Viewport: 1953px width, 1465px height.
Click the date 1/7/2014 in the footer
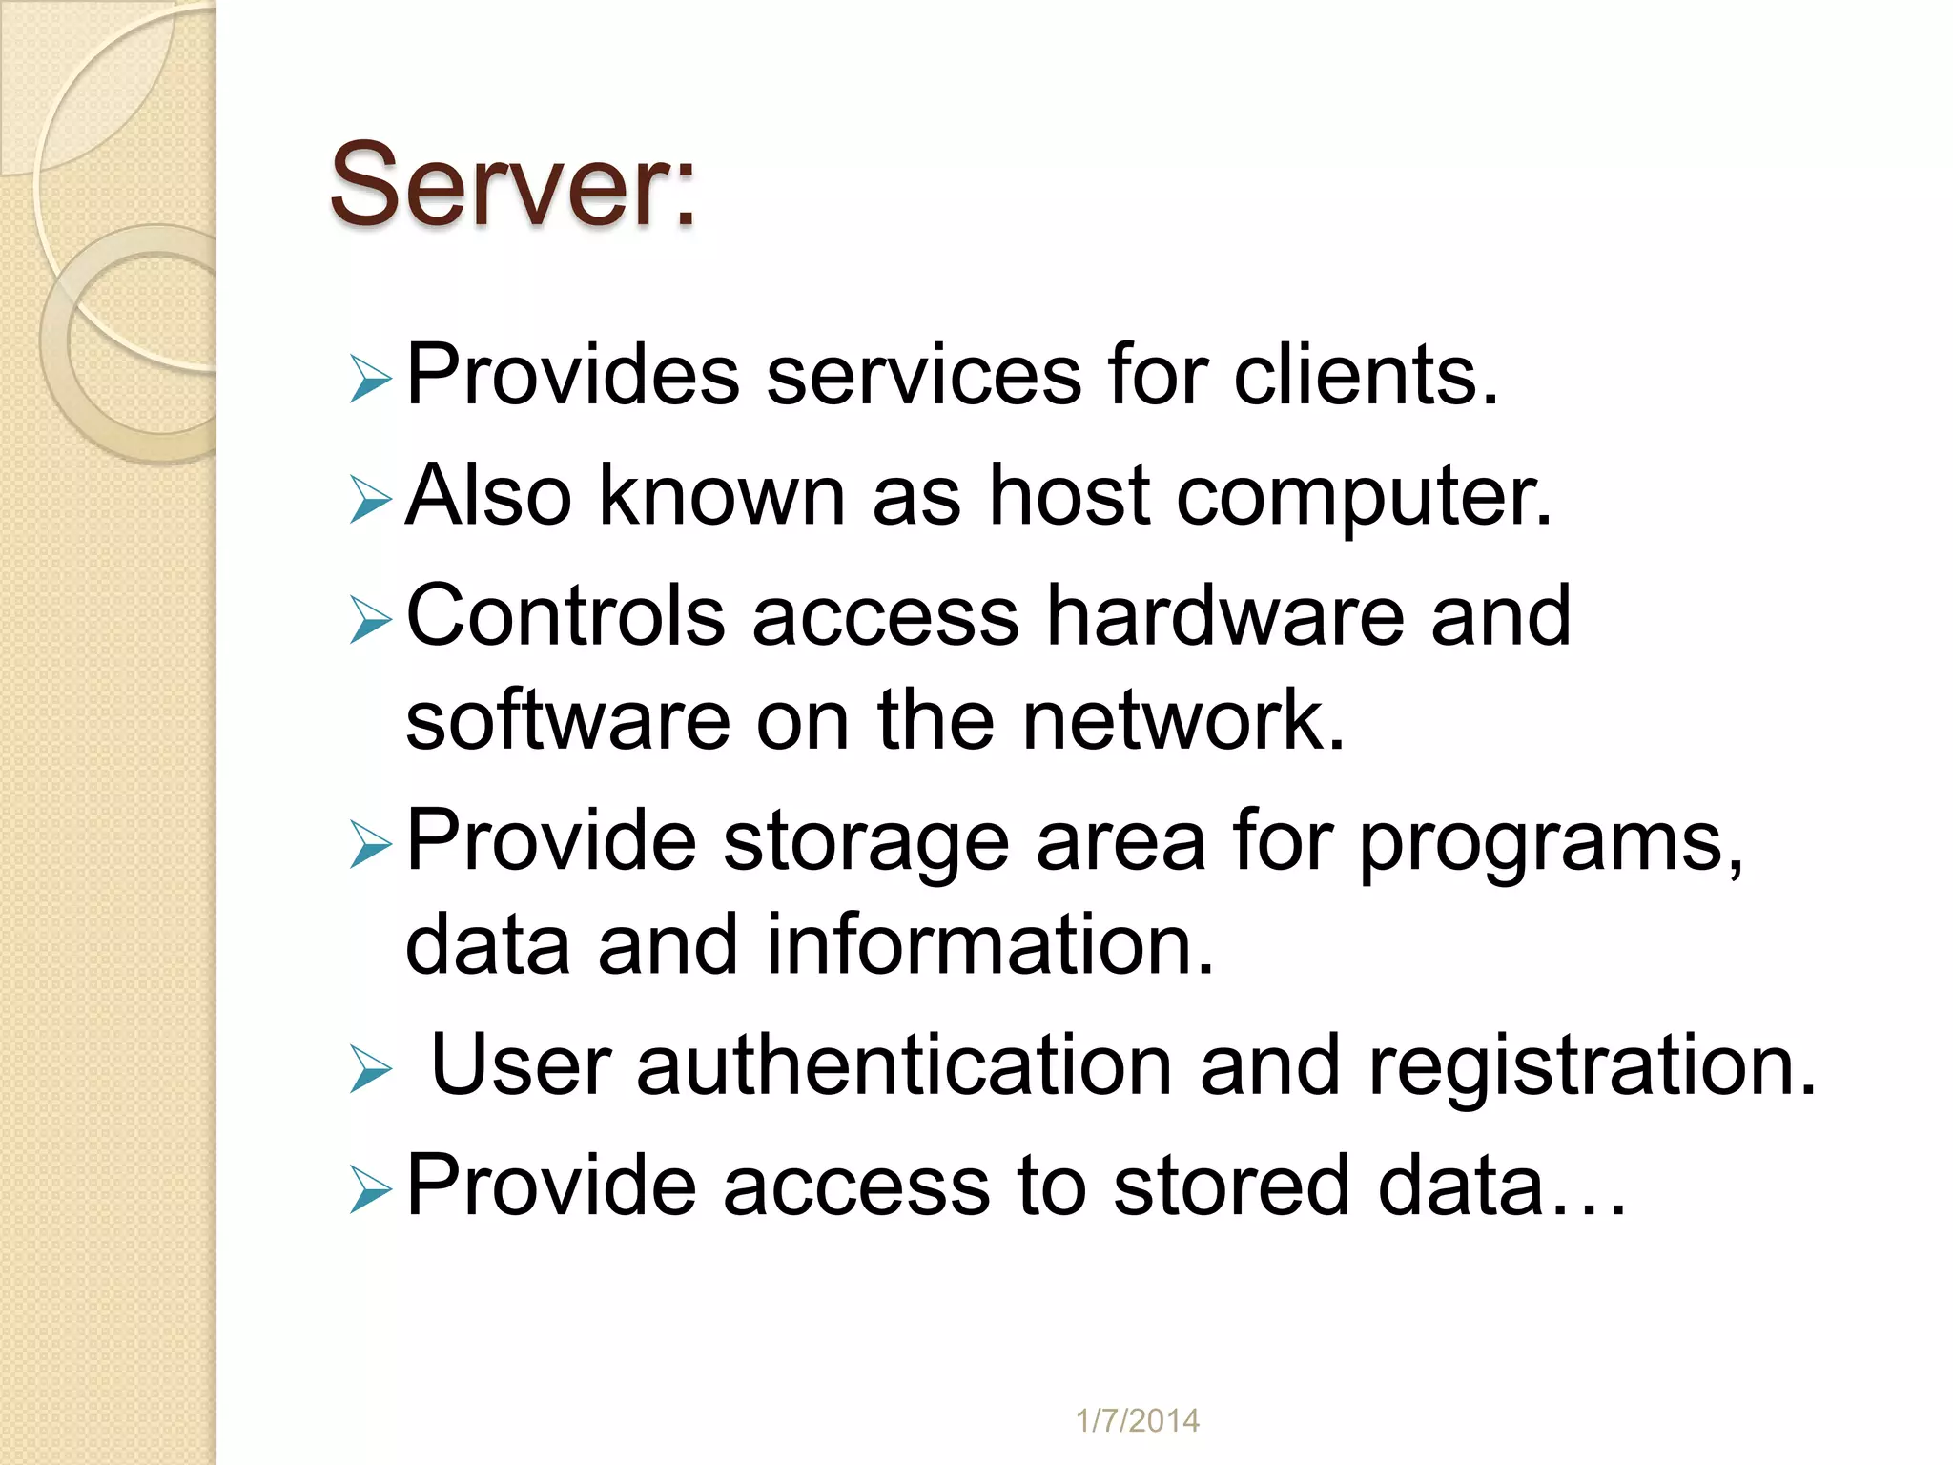[1137, 1421]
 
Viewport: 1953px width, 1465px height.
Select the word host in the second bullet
[1069, 495]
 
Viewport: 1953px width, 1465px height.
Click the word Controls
[565, 616]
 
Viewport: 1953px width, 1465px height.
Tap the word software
[566, 720]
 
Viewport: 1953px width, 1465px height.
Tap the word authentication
[904, 1065]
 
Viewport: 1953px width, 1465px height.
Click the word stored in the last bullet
[1231, 1186]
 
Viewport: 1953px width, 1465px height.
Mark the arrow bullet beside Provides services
[370, 379]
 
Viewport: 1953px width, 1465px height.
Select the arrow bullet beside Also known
[370, 500]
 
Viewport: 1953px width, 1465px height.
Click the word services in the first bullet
[923, 375]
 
